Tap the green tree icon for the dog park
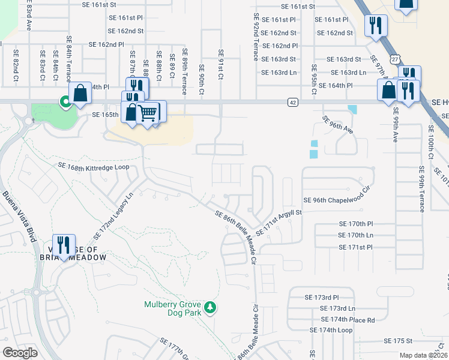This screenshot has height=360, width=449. tap(209, 308)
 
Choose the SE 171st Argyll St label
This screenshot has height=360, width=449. tap(278, 222)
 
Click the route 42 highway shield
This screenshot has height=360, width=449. tap(292, 103)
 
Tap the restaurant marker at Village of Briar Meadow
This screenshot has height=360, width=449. tap(64, 245)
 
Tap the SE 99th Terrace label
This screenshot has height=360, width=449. tap(422, 189)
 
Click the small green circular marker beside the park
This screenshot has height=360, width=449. tap(64, 103)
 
